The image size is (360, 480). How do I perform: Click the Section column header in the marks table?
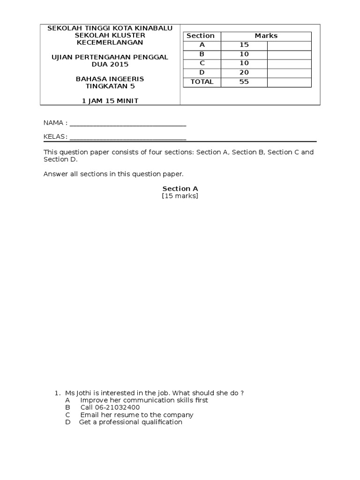pyautogui.click(x=201, y=36)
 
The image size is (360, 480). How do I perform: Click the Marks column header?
pyautogui.click(x=266, y=36)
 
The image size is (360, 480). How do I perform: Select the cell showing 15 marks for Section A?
pyautogui.click(x=244, y=45)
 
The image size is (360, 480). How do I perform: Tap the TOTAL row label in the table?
pyautogui.click(x=202, y=82)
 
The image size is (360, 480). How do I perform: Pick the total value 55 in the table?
pyautogui.click(x=244, y=82)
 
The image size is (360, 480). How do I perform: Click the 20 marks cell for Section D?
pyautogui.click(x=244, y=72)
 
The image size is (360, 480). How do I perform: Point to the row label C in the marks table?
pyautogui.click(x=202, y=63)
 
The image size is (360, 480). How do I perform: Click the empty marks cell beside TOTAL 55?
pyautogui.click(x=289, y=82)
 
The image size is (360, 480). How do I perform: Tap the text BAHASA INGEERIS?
pyautogui.click(x=110, y=79)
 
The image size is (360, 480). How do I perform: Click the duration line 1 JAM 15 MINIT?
pyautogui.click(x=110, y=101)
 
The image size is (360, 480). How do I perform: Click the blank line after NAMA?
pyautogui.click(x=127, y=124)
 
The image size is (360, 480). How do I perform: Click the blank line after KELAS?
pyautogui.click(x=127, y=137)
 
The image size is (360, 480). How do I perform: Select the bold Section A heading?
pyautogui.click(x=180, y=188)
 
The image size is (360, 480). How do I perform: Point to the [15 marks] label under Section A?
pyautogui.click(x=180, y=196)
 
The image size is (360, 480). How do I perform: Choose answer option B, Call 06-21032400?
pyautogui.click(x=110, y=407)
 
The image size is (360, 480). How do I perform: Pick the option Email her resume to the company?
pyautogui.click(x=136, y=415)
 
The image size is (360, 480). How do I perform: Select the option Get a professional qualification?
pyautogui.click(x=130, y=422)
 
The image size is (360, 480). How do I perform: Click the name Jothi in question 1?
pyautogui.click(x=85, y=393)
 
